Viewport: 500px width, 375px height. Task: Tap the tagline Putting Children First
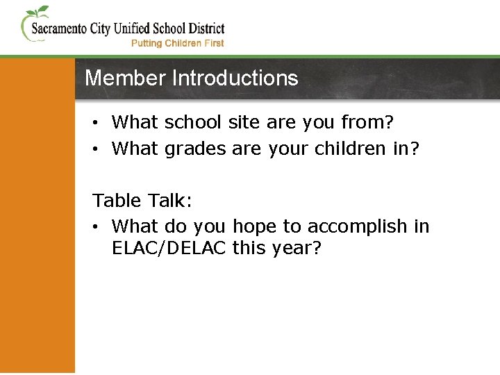tap(178, 43)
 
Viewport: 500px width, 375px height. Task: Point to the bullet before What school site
tap(99, 123)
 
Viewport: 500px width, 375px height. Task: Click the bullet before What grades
tap(99, 149)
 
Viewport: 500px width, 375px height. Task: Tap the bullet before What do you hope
tap(99, 226)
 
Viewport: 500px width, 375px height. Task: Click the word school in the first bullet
tap(193, 123)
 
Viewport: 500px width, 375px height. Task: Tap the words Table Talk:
tap(142, 201)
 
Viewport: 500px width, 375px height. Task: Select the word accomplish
tap(357, 227)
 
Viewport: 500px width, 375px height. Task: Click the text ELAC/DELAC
tap(169, 248)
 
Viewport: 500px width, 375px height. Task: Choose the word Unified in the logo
tap(140, 29)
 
